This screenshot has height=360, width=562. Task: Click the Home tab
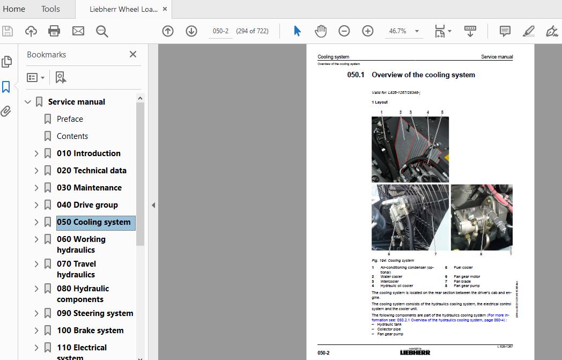[x=14, y=9]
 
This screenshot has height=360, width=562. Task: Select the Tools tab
[x=50, y=9]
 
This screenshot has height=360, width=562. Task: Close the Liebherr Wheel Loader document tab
[x=165, y=9]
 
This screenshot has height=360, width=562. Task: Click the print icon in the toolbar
[x=54, y=31]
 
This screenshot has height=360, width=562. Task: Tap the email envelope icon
[x=78, y=31]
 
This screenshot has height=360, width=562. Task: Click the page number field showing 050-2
[x=220, y=31]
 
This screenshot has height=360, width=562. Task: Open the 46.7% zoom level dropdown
[x=417, y=31]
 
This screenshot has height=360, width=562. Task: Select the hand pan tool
[x=321, y=31]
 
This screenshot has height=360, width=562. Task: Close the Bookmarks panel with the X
[x=133, y=54]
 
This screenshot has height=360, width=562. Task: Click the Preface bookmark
[x=70, y=119]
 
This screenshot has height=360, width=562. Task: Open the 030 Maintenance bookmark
[x=89, y=188]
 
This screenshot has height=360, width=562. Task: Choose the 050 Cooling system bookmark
[x=93, y=222]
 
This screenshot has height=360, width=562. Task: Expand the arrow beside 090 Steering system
[x=36, y=313]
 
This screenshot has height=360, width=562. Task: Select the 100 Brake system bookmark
[x=90, y=330]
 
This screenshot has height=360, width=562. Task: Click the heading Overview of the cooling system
[x=423, y=75]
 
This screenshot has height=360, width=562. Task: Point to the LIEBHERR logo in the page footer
[x=415, y=352]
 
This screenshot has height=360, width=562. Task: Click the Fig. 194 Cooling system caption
[x=393, y=261]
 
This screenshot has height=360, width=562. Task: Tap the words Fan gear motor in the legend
[x=467, y=277]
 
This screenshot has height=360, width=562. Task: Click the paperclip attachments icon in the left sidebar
[x=6, y=111]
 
